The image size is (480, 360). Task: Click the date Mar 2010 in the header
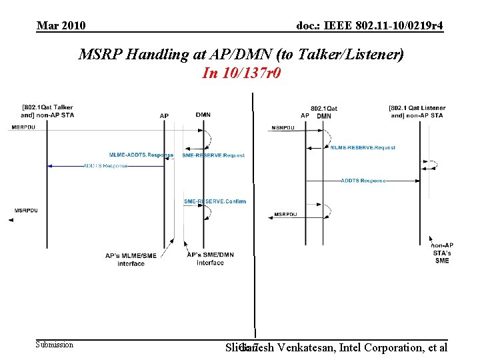61,26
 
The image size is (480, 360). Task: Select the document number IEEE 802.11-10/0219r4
370,26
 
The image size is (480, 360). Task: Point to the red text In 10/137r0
241,73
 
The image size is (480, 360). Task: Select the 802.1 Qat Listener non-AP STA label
417,111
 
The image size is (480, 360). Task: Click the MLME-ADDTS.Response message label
141,155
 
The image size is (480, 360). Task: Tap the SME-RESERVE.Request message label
213,155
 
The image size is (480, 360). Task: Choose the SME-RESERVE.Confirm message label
215,201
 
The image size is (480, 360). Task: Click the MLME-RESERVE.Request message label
363,147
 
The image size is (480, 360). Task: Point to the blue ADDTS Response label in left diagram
105,165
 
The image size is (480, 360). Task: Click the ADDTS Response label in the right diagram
363,181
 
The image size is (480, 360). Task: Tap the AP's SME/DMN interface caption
210,259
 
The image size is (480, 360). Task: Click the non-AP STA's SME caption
442,253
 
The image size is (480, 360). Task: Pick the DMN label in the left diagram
203,115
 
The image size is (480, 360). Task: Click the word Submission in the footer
55,345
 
